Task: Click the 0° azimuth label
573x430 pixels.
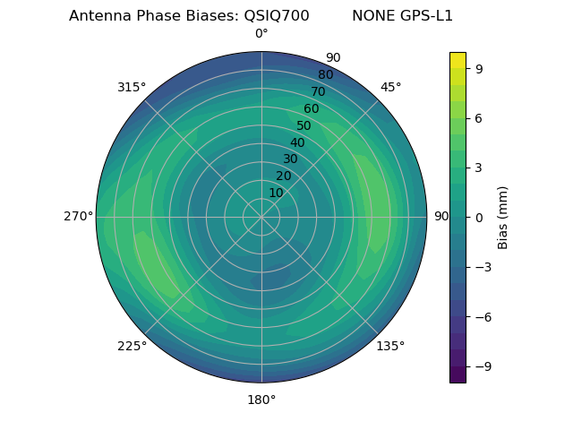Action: coord(261,34)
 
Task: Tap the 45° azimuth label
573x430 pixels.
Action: coord(390,88)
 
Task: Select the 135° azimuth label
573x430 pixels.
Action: coord(390,346)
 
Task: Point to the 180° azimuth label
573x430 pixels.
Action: coord(261,400)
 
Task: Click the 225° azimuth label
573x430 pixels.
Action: coord(132,346)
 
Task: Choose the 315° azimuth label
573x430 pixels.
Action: coord(132,88)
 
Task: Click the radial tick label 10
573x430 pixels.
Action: coord(276,193)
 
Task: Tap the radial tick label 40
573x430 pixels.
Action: coord(297,142)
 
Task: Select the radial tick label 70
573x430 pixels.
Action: coord(318,91)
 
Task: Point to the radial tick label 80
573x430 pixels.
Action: coord(325,75)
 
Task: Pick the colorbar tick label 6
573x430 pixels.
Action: coord(478,117)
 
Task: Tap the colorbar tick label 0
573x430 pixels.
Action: coord(478,217)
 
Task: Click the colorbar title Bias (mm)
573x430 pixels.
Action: coord(503,217)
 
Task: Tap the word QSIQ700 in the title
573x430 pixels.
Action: coord(277,15)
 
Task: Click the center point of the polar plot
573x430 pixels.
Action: coord(261,217)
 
